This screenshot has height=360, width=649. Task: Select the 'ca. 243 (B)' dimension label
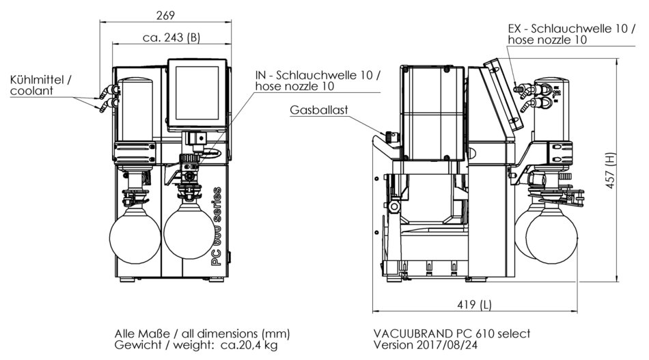(171, 38)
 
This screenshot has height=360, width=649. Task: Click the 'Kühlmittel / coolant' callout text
(40, 87)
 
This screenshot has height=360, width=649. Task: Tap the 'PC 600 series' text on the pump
(217, 225)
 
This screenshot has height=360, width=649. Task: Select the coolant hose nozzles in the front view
(106, 97)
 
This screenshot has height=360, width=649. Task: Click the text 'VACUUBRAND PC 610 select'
(451, 333)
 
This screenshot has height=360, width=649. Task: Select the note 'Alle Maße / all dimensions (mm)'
(202, 333)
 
